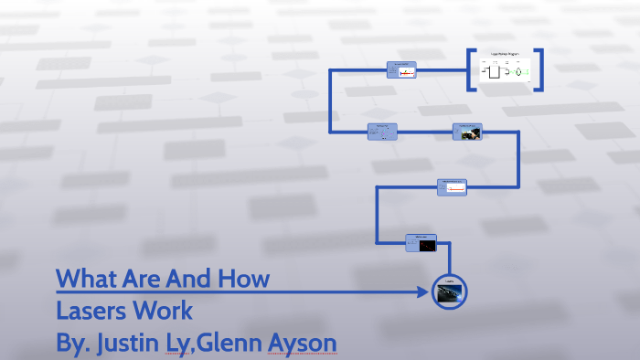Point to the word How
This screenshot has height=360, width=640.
[x=242, y=278]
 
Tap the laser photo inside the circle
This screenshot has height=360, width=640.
[x=449, y=292]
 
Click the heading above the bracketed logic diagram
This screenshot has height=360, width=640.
[x=506, y=55]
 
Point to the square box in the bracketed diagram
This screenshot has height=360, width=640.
[x=494, y=71]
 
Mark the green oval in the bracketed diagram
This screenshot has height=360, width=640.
[x=517, y=72]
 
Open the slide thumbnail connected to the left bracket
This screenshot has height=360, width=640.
[x=402, y=70]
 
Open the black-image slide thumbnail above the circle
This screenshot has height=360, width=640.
[x=421, y=241]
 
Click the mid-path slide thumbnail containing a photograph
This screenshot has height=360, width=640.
[x=467, y=132]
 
